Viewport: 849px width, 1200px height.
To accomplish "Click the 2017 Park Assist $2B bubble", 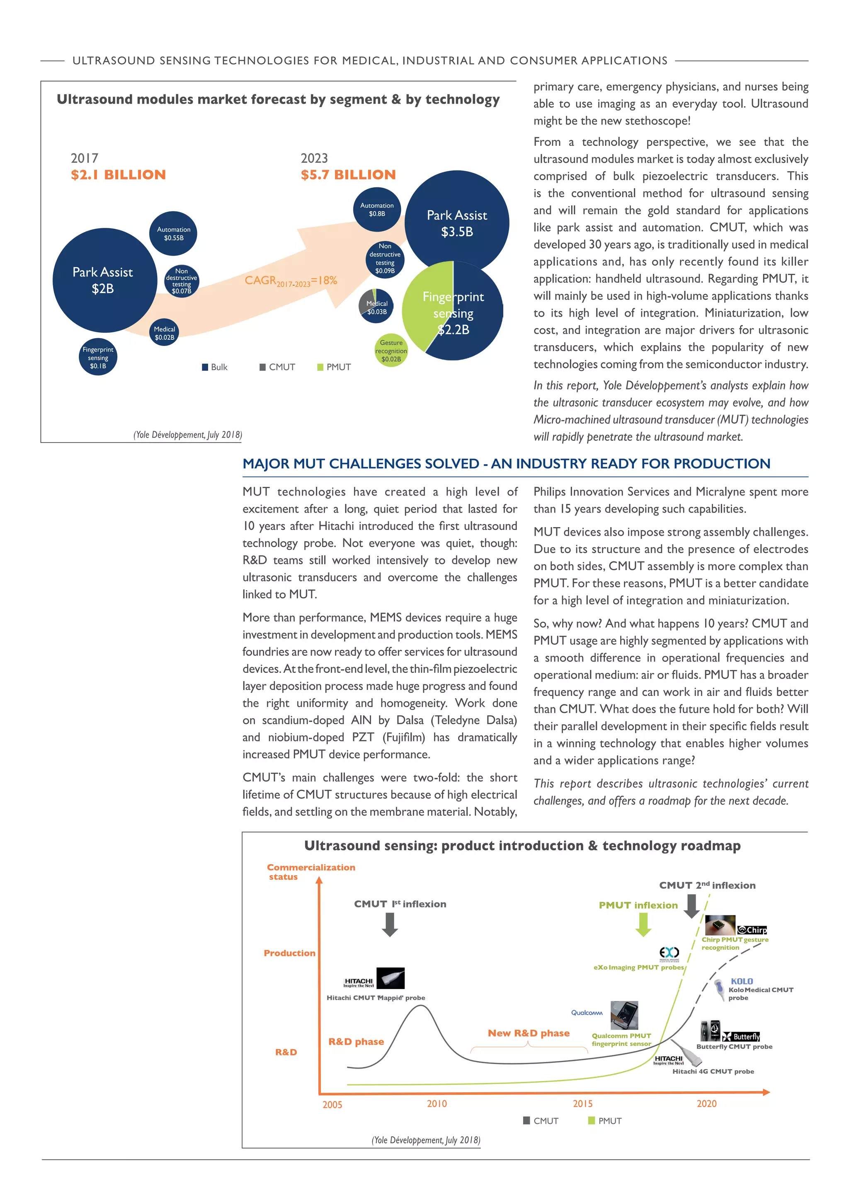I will pyautogui.click(x=104, y=280).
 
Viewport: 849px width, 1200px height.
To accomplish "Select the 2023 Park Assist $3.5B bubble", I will pyautogui.click(x=456, y=223).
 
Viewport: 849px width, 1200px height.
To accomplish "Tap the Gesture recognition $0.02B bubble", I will pyautogui.click(x=391, y=351).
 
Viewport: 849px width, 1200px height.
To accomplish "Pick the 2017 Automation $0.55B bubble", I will pyautogui.click(x=174, y=234).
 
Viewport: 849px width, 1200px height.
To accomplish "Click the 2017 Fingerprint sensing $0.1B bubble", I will pyautogui.click(x=98, y=358).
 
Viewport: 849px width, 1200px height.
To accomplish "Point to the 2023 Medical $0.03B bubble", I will pyautogui.click(x=376, y=307).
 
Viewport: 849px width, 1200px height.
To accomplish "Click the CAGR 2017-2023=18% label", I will pyautogui.click(x=291, y=281).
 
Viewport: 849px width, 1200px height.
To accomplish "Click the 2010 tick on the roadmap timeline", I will pyautogui.click(x=437, y=1103).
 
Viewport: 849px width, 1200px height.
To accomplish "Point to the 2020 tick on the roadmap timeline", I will pyautogui.click(x=706, y=1103).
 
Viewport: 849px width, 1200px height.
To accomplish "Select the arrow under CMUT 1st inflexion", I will pyautogui.click(x=390, y=924).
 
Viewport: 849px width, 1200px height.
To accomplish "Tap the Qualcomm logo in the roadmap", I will pyautogui.click(x=587, y=1012).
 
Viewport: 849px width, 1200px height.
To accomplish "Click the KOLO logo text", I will pyautogui.click(x=741, y=981).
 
